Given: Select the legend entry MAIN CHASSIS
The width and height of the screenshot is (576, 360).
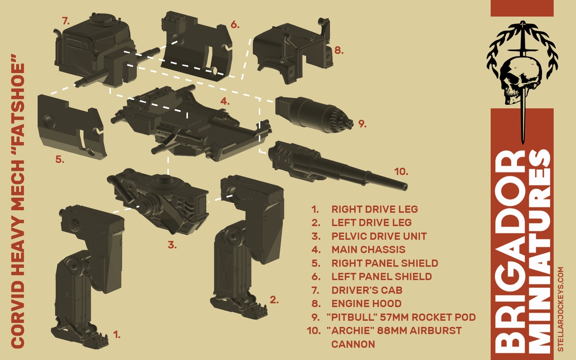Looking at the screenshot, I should click(368, 249).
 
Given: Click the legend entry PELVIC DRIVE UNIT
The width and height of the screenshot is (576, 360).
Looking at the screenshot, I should click(379, 236).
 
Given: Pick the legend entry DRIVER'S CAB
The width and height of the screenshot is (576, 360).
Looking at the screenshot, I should click(366, 290).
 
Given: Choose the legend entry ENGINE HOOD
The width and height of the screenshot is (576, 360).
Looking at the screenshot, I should click(366, 303).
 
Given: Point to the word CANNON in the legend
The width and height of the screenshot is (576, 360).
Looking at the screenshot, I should click(353, 344).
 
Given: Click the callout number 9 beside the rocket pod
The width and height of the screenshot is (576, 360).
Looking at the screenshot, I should click(362, 124).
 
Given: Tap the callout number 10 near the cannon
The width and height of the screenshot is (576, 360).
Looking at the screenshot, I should click(401, 172).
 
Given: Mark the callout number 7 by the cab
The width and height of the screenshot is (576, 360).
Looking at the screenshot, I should click(66, 21).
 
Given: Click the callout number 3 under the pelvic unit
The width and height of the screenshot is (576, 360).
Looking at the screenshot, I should click(172, 245).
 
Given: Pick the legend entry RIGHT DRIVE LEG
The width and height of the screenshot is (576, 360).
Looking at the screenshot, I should click(374, 209).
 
